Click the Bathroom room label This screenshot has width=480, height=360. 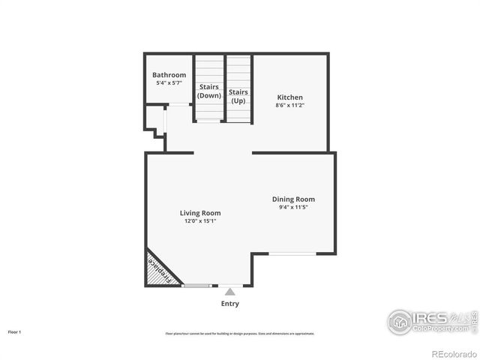(169, 75)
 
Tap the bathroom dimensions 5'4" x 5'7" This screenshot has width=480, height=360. (169, 82)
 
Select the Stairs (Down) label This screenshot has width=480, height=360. (209, 91)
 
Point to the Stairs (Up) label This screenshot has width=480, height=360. (238, 95)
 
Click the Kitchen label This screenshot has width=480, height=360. (290, 97)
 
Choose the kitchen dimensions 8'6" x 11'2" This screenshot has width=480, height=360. (290, 106)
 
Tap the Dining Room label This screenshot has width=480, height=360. (293, 199)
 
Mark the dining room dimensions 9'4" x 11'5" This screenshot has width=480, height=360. (293, 207)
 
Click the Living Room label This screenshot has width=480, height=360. (200, 213)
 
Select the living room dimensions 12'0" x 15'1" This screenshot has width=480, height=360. (200, 221)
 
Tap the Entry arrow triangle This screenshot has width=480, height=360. (230, 291)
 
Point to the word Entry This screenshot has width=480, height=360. (230, 304)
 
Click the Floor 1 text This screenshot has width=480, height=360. (15, 331)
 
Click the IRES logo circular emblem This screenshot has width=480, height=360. (400, 322)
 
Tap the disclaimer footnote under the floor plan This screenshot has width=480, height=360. (240, 334)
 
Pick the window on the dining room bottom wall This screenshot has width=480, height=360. (292, 253)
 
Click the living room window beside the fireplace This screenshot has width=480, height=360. (196, 286)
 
